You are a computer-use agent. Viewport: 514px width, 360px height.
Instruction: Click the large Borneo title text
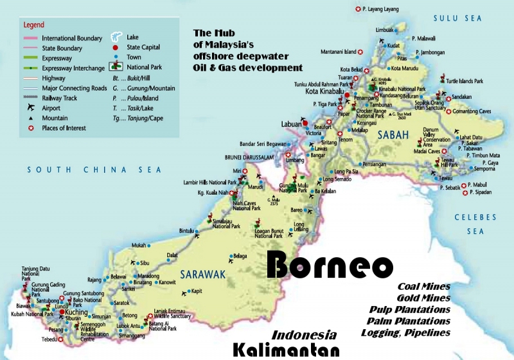pos(329,264)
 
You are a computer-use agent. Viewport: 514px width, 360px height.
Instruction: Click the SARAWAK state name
pos(202,274)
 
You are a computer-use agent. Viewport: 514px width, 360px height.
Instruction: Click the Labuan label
pos(291,124)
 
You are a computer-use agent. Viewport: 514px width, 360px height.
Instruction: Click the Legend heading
pos(33,25)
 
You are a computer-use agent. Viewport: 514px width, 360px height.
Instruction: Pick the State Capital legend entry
pos(143,47)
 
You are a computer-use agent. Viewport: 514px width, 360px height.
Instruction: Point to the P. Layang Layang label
pos(382,9)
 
